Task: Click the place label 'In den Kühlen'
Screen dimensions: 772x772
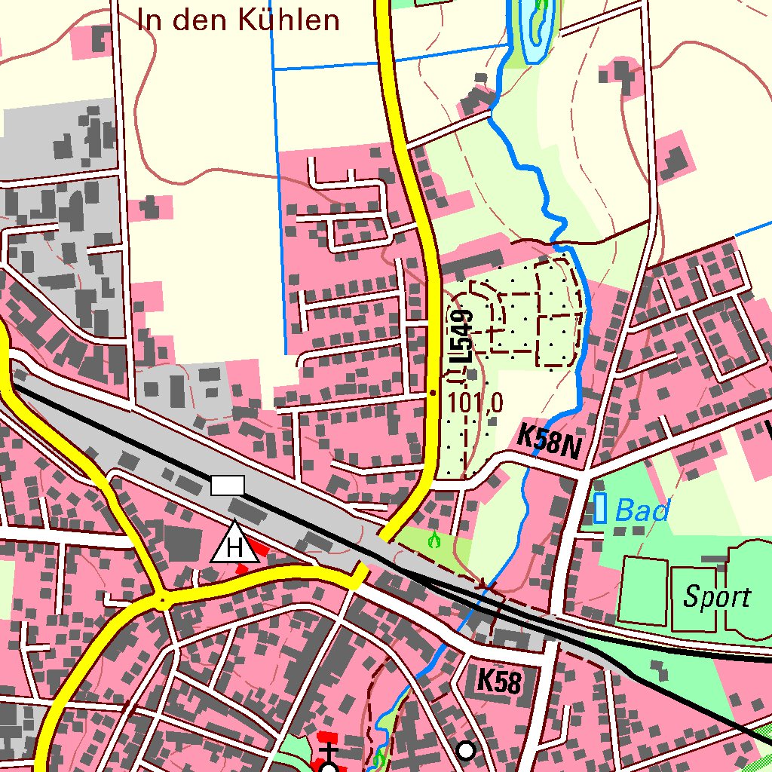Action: pyautogui.click(x=238, y=20)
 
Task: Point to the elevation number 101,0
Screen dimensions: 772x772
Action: pyautogui.click(x=475, y=403)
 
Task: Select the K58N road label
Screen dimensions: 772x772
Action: pyautogui.click(x=550, y=442)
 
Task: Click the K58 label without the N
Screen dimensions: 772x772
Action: pyautogui.click(x=499, y=682)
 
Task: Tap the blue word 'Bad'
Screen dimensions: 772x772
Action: pyautogui.click(x=642, y=511)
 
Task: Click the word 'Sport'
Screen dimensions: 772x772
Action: pyautogui.click(x=717, y=597)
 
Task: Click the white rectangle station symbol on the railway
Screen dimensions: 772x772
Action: pyautogui.click(x=228, y=485)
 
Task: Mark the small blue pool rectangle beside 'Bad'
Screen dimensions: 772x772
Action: pyautogui.click(x=600, y=507)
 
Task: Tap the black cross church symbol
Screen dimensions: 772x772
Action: pyautogui.click(x=329, y=751)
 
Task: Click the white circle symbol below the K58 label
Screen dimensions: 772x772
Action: pyautogui.click(x=467, y=750)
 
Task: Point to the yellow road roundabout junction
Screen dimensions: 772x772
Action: pyautogui.click(x=161, y=601)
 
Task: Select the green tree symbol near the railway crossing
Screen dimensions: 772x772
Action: pyautogui.click(x=433, y=540)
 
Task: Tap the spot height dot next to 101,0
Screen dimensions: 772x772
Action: pyautogui.click(x=432, y=393)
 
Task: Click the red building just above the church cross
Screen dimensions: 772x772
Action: pyautogui.click(x=329, y=736)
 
